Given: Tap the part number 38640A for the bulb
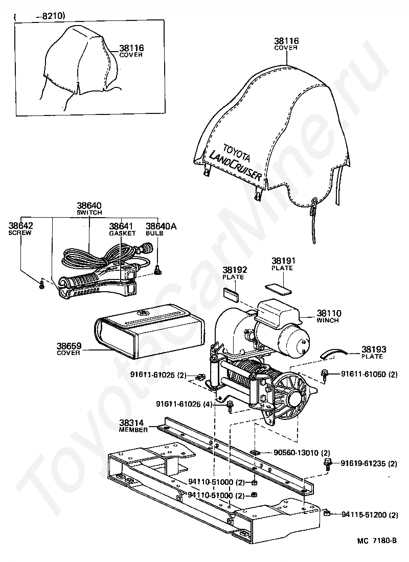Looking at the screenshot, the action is click(x=161, y=226).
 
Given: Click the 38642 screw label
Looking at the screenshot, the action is click(x=20, y=226).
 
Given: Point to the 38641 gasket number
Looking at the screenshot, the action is click(x=122, y=226).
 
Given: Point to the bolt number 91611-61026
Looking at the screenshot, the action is click(x=182, y=404).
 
